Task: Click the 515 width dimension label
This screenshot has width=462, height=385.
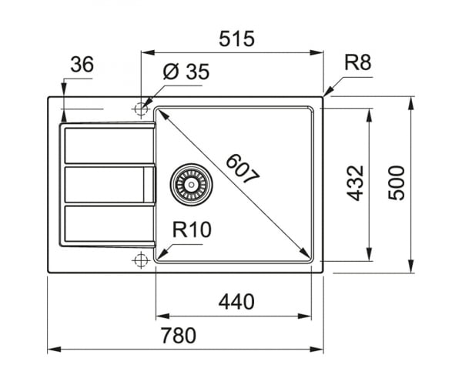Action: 236,38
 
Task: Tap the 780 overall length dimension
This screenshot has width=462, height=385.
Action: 179,335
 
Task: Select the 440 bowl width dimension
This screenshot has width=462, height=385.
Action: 236,302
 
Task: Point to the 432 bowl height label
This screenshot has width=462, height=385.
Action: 355,183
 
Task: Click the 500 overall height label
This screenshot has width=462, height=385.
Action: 397,183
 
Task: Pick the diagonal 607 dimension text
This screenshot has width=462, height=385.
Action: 243,169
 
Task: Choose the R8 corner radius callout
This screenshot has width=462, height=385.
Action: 358,62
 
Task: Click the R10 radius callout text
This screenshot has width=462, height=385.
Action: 192,229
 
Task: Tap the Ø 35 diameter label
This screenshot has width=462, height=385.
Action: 186,72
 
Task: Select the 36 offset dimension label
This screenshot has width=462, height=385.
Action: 82,65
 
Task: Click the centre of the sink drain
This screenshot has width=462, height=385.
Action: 191,184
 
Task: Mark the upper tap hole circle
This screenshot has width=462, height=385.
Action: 141,109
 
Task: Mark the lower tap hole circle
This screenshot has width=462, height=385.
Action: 141,260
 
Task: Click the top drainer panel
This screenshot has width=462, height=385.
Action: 109,146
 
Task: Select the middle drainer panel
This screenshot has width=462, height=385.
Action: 109,185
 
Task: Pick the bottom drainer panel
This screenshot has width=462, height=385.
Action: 109,223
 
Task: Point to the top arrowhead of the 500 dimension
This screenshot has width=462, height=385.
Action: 410,103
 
